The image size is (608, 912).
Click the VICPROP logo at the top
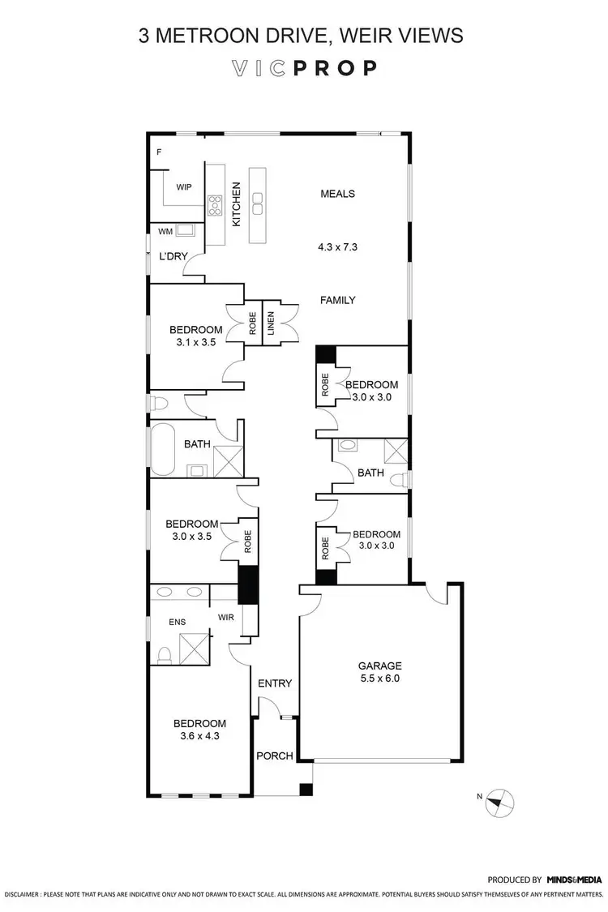(x=303, y=69)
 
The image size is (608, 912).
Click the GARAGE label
(x=380, y=666)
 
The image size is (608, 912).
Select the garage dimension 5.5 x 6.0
(x=380, y=679)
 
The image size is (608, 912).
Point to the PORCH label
(x=274, y=756)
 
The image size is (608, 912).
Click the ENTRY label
(x=274, y=683)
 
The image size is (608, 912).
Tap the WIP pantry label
(x=183, y=186)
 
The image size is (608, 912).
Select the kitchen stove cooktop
(x=216, y=204)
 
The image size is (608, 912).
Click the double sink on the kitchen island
(x=258, y=203)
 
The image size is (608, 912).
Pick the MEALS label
(x=338, y=194)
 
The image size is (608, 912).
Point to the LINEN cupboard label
(x=271, y=323)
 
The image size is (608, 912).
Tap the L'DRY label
(x=173, y=256)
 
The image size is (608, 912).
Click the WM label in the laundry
(x=165, y=231)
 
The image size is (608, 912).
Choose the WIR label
(x=226, y=617)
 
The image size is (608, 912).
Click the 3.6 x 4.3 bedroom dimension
(x=199, y=737)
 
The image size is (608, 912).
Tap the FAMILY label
(x=338, y=300)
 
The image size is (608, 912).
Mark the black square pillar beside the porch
(x=306, y=790)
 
